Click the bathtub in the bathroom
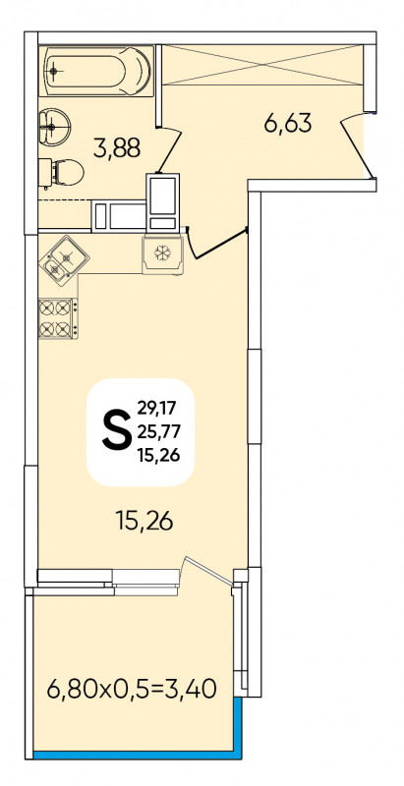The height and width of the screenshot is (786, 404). tap(96, 71)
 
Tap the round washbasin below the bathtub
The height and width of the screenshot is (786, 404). tap(54, 127)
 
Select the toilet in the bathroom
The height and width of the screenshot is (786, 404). tap(61, 173)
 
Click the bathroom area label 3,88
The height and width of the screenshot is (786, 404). tap(117, 148)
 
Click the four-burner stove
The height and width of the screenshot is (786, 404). tap(58, 318)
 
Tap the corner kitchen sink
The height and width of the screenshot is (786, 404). tap(63, 260)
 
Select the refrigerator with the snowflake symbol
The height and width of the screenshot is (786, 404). tap(162, 254)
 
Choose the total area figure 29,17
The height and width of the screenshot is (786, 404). tap(156, 408)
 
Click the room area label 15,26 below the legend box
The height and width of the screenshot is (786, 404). tap(144, 522)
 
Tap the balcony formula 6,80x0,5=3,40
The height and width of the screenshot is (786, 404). tap(132, 690)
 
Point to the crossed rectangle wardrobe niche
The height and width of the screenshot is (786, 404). tap(262, 65)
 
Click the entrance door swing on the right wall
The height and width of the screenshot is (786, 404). tap(358, 145)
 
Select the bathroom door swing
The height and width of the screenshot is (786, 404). tap(169, 150)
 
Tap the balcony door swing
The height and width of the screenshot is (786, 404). tap(208, 571)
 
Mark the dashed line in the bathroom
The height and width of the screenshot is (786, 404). tap(65, 200)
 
